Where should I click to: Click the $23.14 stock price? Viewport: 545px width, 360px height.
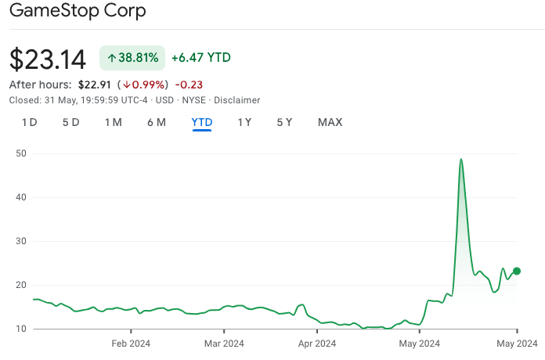tap(48, 59)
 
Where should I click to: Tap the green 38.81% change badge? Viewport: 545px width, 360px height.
tap(132, 58)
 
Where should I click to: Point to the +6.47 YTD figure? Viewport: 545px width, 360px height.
tap(201, 58)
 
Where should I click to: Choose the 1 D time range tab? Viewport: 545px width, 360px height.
tap(29, 122)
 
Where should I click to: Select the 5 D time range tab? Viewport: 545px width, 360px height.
tap(71, 122)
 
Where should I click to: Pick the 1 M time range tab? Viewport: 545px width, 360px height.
tap(114, 122)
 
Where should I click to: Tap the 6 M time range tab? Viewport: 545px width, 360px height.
tap(157, 122)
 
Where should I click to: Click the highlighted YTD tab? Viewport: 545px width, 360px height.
tap(202, 122)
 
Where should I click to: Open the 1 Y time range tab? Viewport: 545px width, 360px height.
tap(245, 122)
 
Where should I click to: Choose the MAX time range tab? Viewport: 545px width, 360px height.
tap(330, 122)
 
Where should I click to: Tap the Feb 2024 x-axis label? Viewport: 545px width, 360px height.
tap(131, 343)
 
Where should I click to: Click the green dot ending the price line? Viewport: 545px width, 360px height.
tap(517, 272)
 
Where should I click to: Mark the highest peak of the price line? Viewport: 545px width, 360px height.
tap(461, 159)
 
